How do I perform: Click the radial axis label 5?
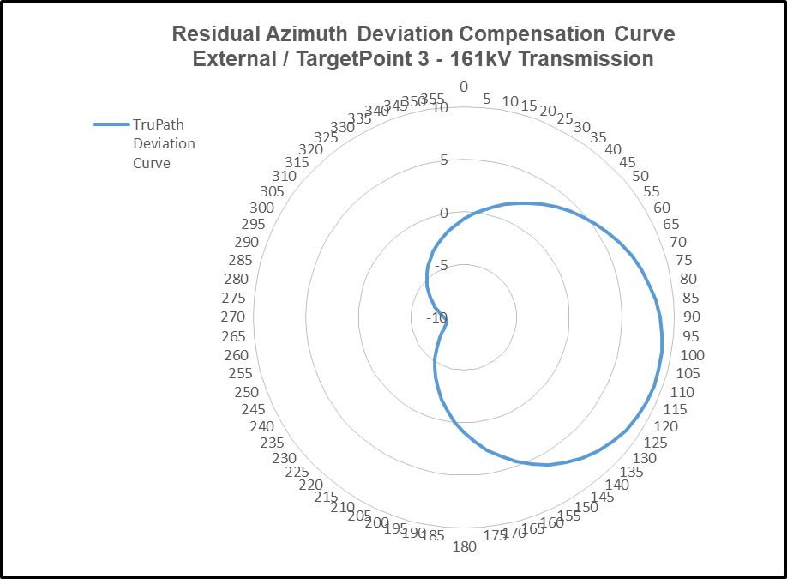click(x=444, y=160)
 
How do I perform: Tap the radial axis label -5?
click(x=441, y=266)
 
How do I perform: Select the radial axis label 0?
click(x=444, y=213)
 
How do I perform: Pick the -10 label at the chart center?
click(x=436, y=319)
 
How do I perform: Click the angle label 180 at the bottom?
click(x=464, y=546)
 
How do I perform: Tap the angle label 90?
click(x=690, y=317)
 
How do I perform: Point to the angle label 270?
click(x=233, y=317)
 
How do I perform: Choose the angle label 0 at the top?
click(x=464, y=87)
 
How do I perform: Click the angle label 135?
click(x=631, y=471)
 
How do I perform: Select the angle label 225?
click(x=297, y=472)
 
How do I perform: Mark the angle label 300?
click(x=261, y=208)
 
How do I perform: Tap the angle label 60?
click(x=661, y=208)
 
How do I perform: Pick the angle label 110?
click(x=682, y=392)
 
